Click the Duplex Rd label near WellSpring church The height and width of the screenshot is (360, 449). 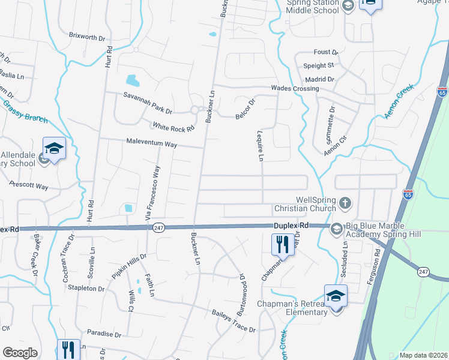pos(291,225)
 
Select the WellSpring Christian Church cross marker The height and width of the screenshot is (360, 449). pos(345,203)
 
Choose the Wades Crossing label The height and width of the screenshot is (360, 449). pos(295,88)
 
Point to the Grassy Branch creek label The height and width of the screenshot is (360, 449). pos(25,112)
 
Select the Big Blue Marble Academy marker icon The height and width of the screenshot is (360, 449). pos(336,228)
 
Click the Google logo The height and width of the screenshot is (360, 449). pos(20,352)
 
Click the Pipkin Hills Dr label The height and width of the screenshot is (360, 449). pos(129,266)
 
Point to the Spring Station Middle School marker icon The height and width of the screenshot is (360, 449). pos(348,6)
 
